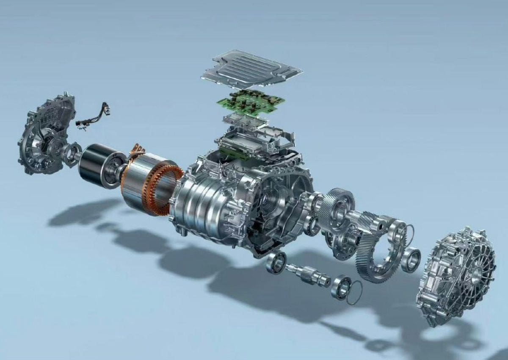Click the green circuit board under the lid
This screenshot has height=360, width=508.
click(x=250, y=102)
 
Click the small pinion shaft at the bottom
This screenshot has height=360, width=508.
click(x=307, y=274)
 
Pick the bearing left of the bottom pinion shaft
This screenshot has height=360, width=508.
click(x=276, y=262)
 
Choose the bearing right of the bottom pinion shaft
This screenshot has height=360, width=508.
click(x=341, y=287)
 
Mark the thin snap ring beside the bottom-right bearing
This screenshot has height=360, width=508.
click(x=355, y=292)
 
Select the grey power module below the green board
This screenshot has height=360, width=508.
click(x=248, y=121)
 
